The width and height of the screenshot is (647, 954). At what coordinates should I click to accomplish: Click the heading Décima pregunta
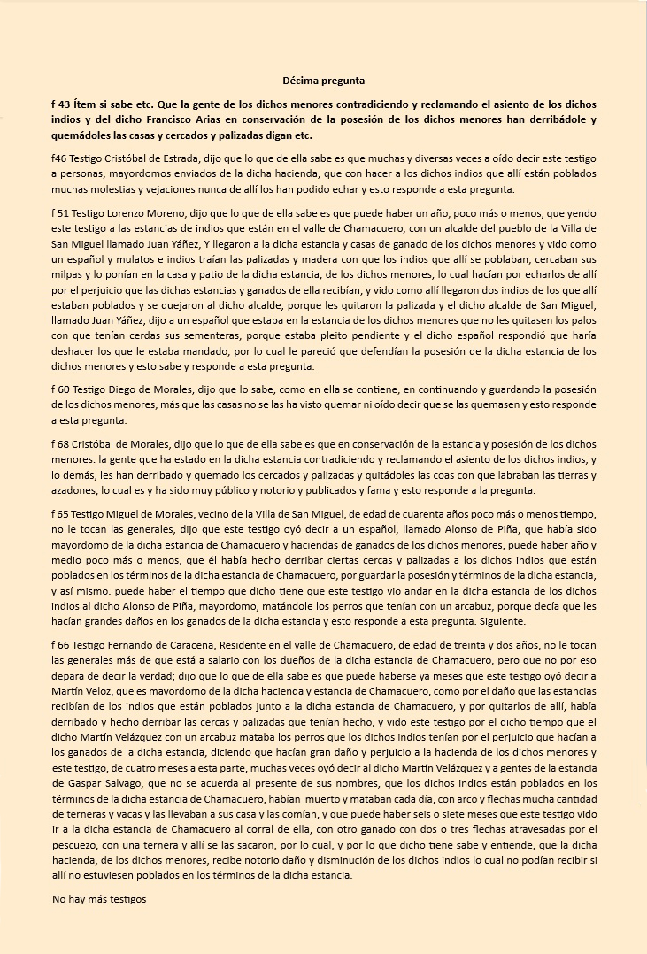coord(323,81)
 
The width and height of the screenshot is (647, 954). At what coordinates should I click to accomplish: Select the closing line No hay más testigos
coord(98,899)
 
